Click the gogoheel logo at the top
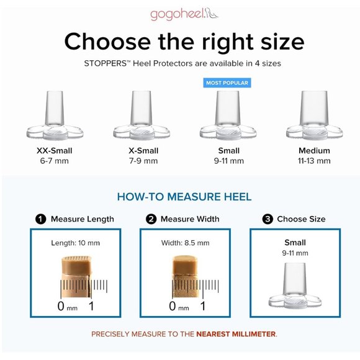pos(184,14)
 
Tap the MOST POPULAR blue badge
pos(227,83)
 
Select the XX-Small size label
pos(55,151)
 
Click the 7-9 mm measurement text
pos(143,161)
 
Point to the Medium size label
pos(314,151)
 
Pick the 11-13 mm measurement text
pos(314,161)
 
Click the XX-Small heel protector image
pos(55,115)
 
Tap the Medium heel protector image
pos(314,115)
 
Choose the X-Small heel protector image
pos(142,115)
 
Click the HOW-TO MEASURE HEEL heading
pos(184,197)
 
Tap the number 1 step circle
pos(40,219)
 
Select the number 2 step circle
pos(151,219)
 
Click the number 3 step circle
pos(268,219)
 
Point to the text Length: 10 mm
pos(76,243)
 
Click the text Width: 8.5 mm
pos(186,243)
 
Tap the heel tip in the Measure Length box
pos(76,276)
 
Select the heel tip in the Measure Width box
pos(186,276)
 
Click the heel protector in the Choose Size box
pos(295,286)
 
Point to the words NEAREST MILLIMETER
pos(236,334)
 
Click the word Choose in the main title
pos(107,42)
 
